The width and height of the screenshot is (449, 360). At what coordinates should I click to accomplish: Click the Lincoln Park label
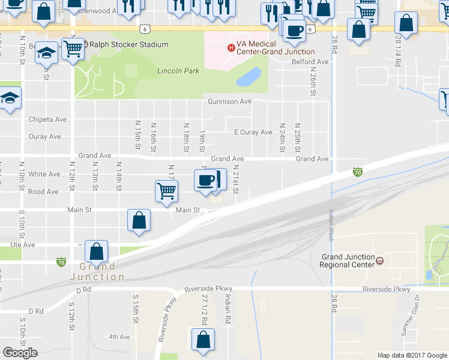178,71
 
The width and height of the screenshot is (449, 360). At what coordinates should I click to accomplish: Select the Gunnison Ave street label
229,101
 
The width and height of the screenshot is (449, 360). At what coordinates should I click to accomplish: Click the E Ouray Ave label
253,132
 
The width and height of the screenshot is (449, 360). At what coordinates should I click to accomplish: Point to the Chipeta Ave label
47,119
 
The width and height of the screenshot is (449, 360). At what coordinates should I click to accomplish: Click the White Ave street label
44,175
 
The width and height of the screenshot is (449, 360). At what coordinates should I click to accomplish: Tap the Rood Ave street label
43,192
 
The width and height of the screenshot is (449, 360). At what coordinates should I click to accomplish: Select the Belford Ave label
310,62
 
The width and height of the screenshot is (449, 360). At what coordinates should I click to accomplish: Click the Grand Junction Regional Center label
347,260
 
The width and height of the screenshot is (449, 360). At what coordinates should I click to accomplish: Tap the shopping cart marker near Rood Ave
166,191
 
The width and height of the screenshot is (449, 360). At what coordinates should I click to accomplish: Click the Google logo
20,353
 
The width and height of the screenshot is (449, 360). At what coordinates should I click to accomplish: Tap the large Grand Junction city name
97,272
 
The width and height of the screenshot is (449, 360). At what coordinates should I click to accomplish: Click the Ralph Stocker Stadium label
125,44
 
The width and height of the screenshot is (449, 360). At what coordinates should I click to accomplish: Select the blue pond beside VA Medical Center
249,77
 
